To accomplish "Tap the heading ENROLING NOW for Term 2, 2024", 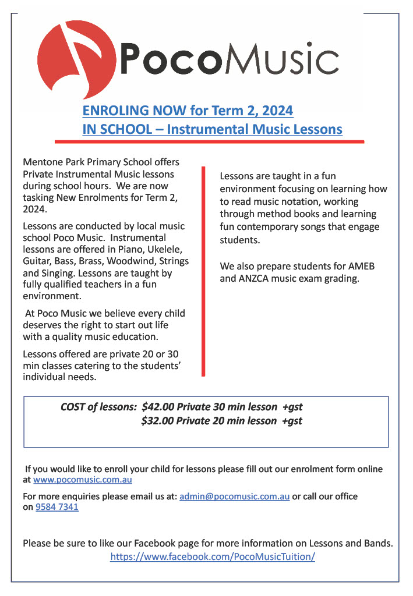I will pos(188,111).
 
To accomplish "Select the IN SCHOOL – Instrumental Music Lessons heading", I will pos(212,129).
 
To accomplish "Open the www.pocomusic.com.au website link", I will pos(83,480).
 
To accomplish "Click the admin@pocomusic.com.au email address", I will pos(234,496).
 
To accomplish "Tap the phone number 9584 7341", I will pos(57,507).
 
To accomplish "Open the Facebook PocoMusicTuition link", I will pos(213,556).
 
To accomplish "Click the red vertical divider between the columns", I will pos(203,271).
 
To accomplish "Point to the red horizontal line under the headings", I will pos(210,141).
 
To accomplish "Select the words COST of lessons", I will pos(98,407).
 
